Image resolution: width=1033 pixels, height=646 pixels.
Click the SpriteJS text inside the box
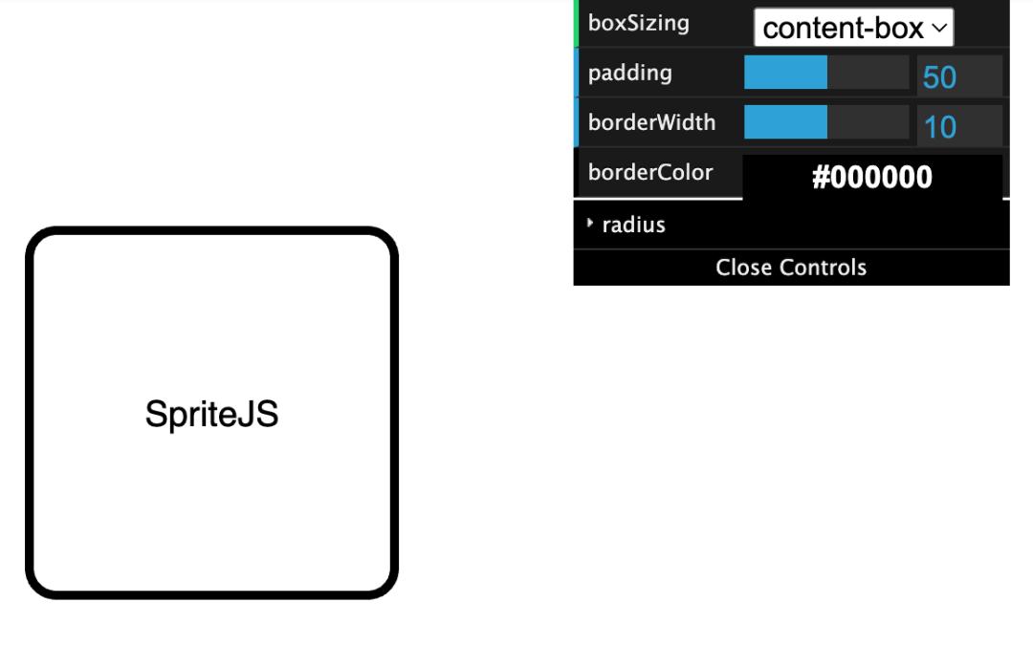click(x=211, y=415)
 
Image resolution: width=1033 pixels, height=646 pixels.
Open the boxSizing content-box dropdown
click(x=853, y=28)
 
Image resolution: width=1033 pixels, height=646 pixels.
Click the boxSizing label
click(x=638, y=23)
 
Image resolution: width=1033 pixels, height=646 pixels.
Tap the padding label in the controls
click(x=629, y=73)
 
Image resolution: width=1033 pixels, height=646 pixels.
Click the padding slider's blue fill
click(x=785, y=73)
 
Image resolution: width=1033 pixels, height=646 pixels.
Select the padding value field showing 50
click(x=958, y=76)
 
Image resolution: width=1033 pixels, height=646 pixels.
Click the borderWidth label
click(x=651, y=122)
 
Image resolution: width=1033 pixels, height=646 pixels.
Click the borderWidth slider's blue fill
click(x=785, y=122)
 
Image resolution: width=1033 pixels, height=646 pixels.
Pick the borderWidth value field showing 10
click(x=958, y=126)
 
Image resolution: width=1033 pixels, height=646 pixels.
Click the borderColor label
click(x=650, y=173)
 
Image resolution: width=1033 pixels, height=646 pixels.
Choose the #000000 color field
click(x=871, y=178)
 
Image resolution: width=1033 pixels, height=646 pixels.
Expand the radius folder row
click(x=791, y=226)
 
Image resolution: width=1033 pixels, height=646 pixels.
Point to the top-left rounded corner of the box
click(x=38, y=240)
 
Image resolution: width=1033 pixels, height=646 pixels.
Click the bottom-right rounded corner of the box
click(x=385, y=586)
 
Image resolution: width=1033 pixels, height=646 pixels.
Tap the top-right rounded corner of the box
click(x=385, y=240)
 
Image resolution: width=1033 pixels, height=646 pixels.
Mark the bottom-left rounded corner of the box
click(x=38, y=586)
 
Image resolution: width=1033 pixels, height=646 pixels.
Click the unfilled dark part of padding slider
click(x=868, y=73)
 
